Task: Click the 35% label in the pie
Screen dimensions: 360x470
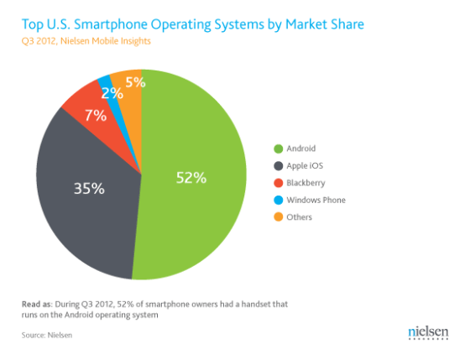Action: pyautogui.click(x=89, y=189)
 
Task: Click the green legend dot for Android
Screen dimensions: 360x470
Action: pyautogui.click(x=278, y=149)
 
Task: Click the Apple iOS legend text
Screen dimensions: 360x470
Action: pyautogui.click(x=307, y=165)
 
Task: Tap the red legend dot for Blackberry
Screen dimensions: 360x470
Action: pyautogui.click(x=278, y=183)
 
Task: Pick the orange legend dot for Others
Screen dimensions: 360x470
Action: pyautogui.click(x=278, y=217)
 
